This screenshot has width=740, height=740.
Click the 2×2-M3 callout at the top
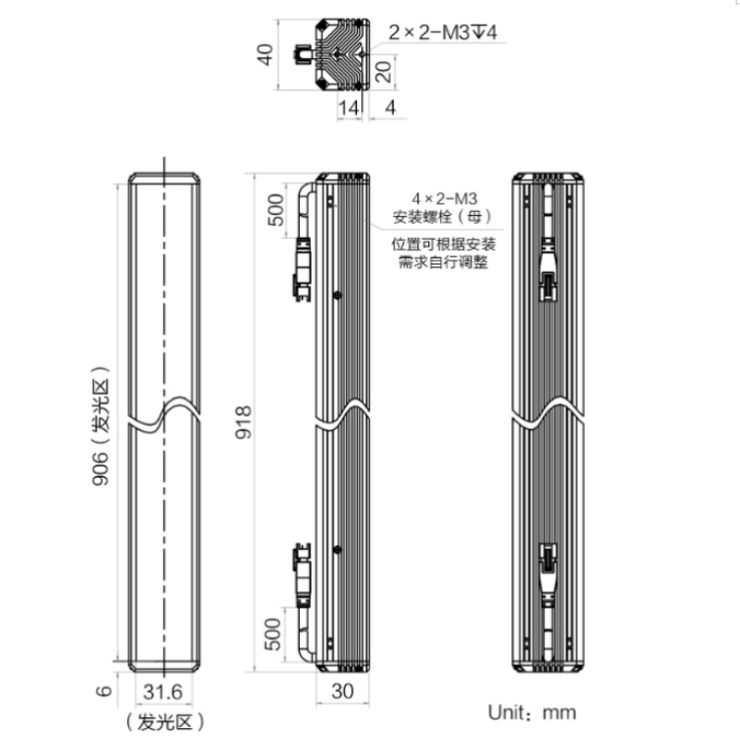coord(442,33)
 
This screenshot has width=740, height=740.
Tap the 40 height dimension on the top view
coord(265,54)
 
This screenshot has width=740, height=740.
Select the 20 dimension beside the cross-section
coord(384,71)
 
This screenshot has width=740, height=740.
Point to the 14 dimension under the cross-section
coord(348,109)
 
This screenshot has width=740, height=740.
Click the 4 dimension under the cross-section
coord(391,109)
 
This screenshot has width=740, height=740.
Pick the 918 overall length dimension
coord(244,422)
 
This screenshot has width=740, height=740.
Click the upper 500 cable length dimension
coord(276,210)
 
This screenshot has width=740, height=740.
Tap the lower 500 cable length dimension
coord(272,633)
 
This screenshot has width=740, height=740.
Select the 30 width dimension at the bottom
coord(342,692)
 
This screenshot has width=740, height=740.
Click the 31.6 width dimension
coord(163,693)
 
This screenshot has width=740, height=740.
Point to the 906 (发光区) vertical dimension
coord(101,425)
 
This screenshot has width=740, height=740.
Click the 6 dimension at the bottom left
coord(104,691)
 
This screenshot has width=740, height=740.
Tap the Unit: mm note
coord(532,712)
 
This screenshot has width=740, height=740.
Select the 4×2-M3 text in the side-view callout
coord(444,198)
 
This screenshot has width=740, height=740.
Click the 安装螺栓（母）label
coord(443,217)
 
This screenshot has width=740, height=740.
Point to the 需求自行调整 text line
coord(443,261)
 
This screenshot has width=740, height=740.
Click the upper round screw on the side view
coord(337,295)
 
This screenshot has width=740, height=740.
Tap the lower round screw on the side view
coord(337,550)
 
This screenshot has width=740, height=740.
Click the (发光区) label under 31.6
coord(165,722)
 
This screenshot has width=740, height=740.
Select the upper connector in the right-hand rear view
coord(548,269)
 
